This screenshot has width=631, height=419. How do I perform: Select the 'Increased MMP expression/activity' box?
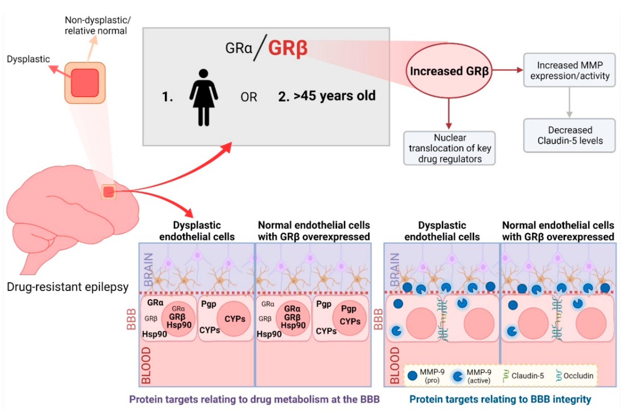click(x=569, y=70)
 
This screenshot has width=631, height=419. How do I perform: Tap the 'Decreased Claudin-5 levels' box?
click(x=569, y=135)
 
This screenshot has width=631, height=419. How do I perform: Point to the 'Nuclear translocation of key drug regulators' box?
click(x=449, y=148)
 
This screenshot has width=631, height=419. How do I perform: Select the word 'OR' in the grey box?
click(x=248, y=97)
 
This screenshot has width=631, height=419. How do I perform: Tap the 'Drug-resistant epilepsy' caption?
click(x=67, y=287)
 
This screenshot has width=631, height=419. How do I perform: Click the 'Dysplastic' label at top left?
click(x=28, y=59)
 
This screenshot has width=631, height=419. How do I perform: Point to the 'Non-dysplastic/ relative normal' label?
click(x=97, y=26)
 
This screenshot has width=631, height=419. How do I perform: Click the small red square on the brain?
click(x=108, y=192)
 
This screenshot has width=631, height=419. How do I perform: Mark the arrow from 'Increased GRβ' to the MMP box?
click(x=507, y=70)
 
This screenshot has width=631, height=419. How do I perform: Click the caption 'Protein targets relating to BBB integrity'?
click(x=500, y=399)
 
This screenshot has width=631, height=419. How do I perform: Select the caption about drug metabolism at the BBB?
click(x=254, y=399)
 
